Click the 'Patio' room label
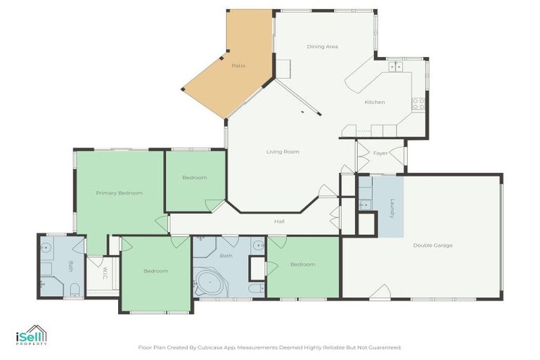(x=238, y=65)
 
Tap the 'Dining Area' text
(x=322, y=46)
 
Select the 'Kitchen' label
(x=374, y=102)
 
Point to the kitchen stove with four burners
(x=418, y=103)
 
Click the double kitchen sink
(x=396, y=66)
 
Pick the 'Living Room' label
(x=283, y=151)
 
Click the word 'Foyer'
(x=380, y=153)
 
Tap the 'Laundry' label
(x=392, y=208)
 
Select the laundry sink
(x=364, y=205)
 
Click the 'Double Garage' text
(x=432, y=245)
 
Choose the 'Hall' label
(x=279, y=221)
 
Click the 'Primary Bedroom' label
(x=120, y=193)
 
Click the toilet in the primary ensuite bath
(x=73, y=289)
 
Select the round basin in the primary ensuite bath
(x=46, y=247)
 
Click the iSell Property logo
(x=31, y=335)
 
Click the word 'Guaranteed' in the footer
(x=385, y=347)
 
